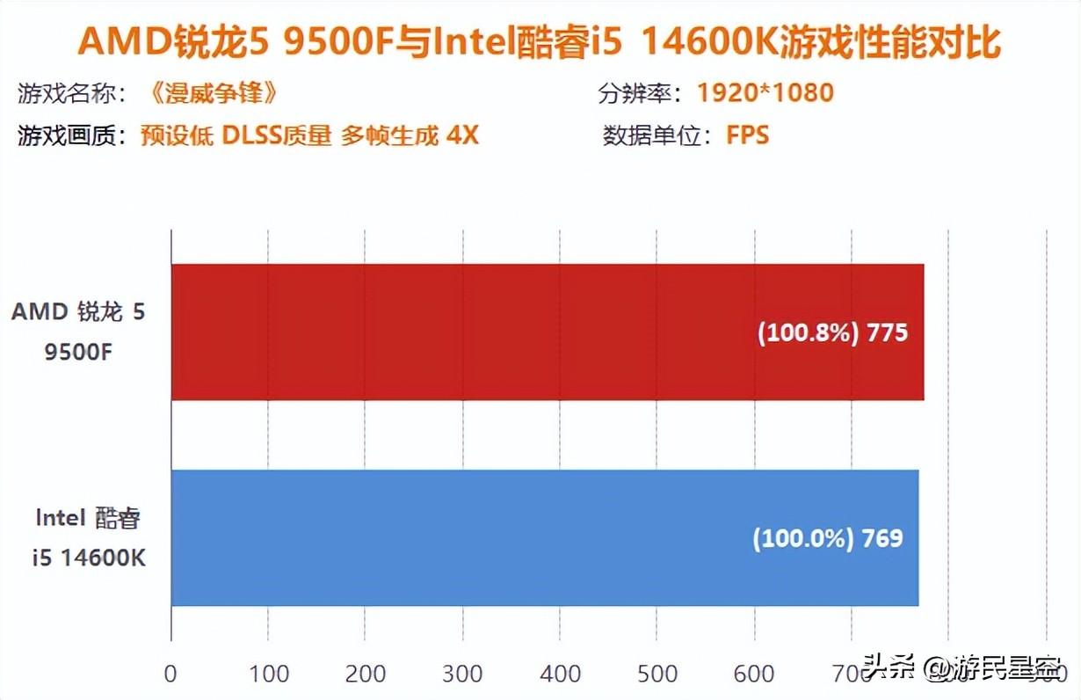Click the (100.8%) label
coord(807,334)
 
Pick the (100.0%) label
coord(802,538)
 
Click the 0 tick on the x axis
coord(170,674)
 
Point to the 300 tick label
coord(462,674)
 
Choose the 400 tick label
coord(560,674)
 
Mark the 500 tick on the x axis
coord(657,674)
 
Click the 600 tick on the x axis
coord(753,674)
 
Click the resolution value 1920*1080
coord(765,92)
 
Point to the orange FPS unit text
coord(747,135)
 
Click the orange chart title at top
coord(540,42)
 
